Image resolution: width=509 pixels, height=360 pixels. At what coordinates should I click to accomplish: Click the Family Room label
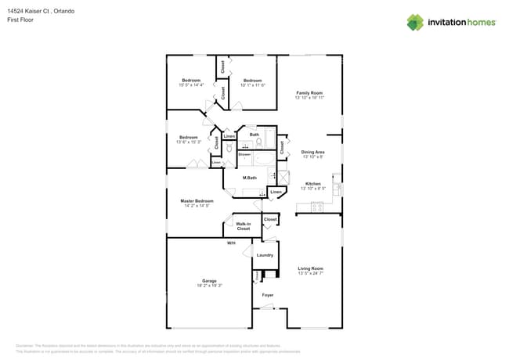coord(309,93)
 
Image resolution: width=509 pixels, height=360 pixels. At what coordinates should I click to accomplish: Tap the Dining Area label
coord(312,152)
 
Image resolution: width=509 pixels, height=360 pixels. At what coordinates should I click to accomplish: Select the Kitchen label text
coord(312,184)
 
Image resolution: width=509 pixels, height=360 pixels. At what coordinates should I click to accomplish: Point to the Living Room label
coord(310,268)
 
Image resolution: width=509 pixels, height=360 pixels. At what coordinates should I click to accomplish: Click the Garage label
coord(209,281)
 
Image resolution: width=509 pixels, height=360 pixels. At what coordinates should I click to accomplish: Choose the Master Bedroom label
coord(197,201)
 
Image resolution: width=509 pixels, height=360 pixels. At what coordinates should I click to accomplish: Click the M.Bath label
coord(250,178)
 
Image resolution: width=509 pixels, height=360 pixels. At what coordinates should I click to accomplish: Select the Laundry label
coord(265,255)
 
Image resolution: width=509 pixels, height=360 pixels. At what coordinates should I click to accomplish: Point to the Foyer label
coord(268,295)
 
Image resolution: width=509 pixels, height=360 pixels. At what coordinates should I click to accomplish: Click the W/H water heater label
coord(231,243)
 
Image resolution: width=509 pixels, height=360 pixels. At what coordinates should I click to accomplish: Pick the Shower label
coord(244,154)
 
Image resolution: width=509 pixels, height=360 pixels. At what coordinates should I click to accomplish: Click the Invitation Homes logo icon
coord(415,22)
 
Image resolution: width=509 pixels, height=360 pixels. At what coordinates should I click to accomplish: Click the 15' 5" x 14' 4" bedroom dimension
coord(192,85)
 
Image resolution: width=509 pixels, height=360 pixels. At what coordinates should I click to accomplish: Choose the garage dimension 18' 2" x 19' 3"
coord(209,286)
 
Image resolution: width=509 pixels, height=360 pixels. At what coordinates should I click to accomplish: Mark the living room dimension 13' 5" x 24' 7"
coord(310,273)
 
